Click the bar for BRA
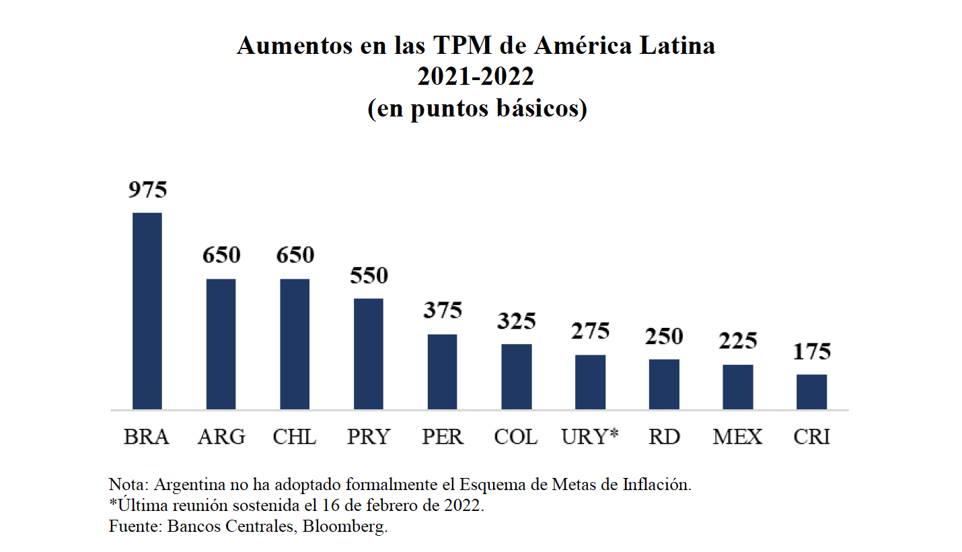147,311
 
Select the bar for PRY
369,354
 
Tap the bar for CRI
811,392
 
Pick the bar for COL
516,377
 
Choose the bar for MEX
738,387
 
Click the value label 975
147,190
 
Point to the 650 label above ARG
221,256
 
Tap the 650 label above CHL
295,256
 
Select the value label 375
443,310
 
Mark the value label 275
590,331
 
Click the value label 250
664,336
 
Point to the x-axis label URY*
590,437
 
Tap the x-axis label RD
664,437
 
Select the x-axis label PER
443,437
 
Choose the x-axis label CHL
295,437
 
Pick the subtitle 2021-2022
476,77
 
